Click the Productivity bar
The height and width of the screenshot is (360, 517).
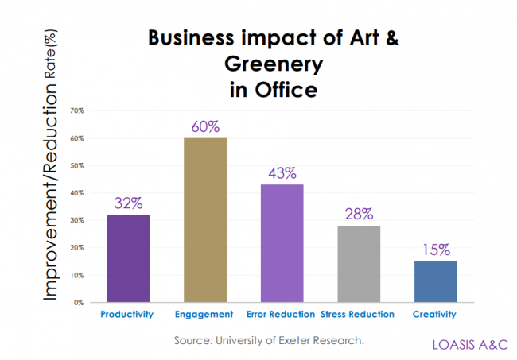coord(129,258)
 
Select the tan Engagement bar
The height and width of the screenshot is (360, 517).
coord(205,220)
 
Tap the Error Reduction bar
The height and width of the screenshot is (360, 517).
coord(282,243)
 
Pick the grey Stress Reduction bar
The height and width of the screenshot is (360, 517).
coord(359,264)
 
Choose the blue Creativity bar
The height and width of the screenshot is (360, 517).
coord(435,281)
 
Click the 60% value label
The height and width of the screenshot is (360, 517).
coord(205,126)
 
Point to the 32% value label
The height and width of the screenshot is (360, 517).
coord(129,203)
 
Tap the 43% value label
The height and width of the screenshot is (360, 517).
coord(282,172)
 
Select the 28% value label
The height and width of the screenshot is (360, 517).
coord(359,214)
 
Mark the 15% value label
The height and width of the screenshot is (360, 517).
coord(435,250)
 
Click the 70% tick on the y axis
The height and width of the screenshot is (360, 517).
coord(77,110)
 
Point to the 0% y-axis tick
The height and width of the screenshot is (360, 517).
coord(79,303)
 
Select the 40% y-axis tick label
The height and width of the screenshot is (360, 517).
coord(77,193)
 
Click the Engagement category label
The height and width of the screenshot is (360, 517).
coord(204,315)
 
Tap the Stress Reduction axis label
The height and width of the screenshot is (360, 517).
coord(358,315)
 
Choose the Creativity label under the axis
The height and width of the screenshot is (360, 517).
coord(434,315)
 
